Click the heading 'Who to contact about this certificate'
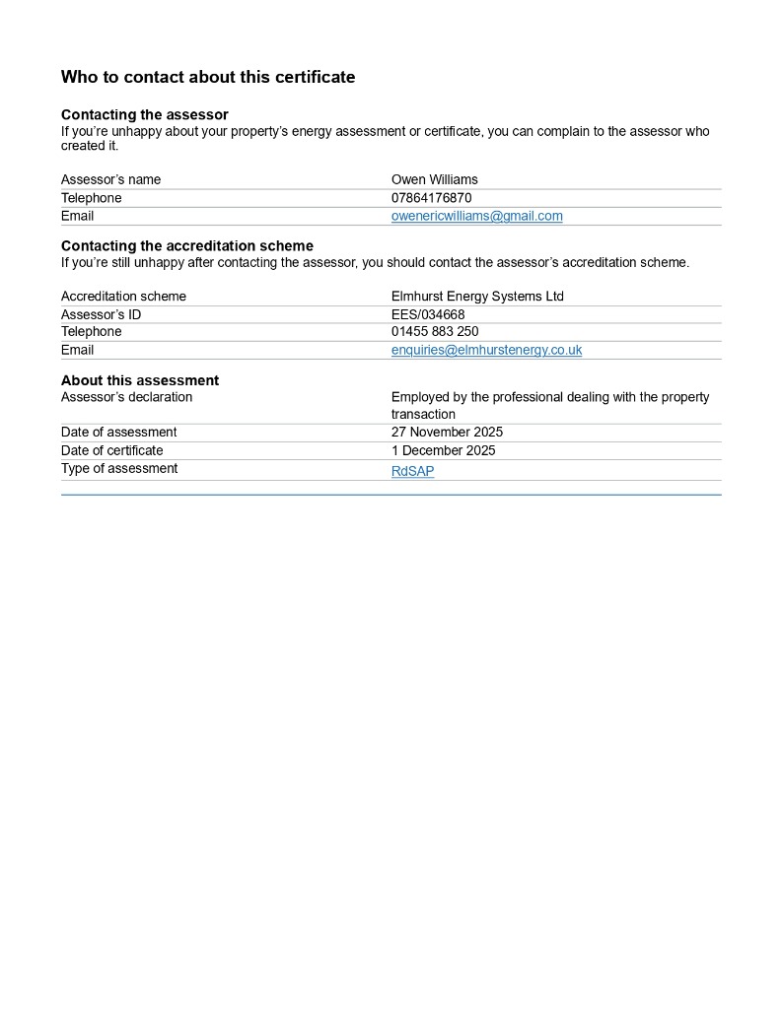[208, 77]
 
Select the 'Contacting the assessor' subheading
[145, 115]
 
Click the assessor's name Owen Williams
[434, 179]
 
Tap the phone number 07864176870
[431, 198]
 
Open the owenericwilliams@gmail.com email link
[476, 216]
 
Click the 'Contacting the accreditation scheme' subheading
[187, 246]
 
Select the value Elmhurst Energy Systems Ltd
[477, 296]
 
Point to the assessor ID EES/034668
[428, 314]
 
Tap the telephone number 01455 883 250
[435, 332]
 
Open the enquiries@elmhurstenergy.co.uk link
[486, 350]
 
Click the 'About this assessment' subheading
[140, 380]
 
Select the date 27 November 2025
[447, 433]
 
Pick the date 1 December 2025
[443, 450]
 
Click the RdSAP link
[412, 471]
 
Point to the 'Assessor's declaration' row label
[127, 397]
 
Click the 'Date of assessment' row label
[119, 433]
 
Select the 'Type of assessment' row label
[119, 468]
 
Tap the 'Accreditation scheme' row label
[123, 296]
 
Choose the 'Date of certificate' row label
[112, 450]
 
